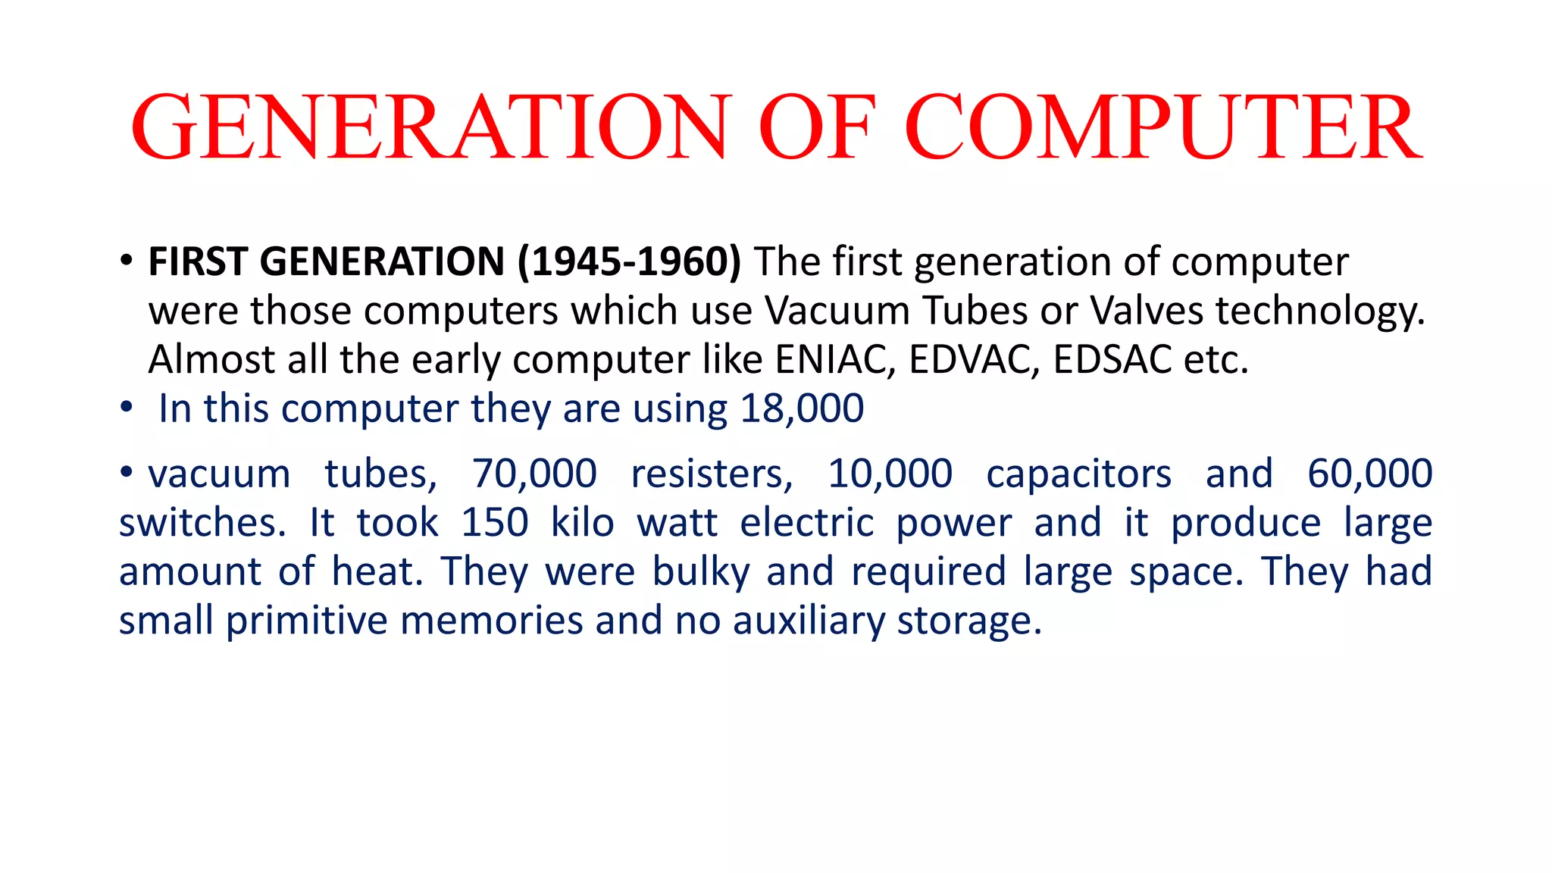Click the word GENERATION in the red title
click(x=431, y=127)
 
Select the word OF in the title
click(x=817, y=127)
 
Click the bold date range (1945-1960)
click(x=629, y=262)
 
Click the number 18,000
click(x=802, y=409)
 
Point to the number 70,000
click(x=535, y=474)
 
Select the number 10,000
click(x=890, y=474)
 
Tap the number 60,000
click(x=1369, y=474)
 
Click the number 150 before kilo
click(x=494, y=523)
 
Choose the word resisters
click(x=712, y=474)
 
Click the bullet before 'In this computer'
click(x=126, y=409)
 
